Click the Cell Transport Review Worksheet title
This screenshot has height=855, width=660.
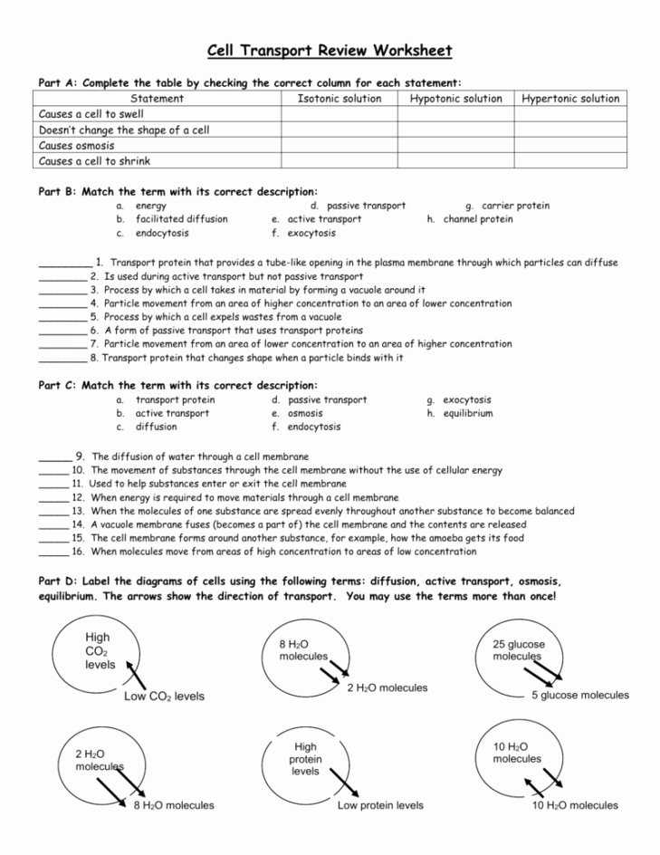(330, 51)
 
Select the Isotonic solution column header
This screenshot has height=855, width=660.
(340, 99)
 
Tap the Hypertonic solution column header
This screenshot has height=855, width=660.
(570, 99)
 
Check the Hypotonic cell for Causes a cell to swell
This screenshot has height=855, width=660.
(455, 115)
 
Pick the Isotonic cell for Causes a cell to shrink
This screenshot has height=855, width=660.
(340, 161)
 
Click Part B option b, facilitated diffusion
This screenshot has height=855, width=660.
(181, 219)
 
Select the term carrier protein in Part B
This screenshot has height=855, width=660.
(515, 206)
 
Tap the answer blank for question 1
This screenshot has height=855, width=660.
(64, 264)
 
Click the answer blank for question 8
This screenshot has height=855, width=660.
(62, 358)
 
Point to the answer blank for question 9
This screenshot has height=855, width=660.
(53, 457)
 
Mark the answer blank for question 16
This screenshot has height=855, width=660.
(53, 552)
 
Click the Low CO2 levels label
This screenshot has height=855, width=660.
(164, 696)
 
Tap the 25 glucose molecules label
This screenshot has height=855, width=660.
(519, 650)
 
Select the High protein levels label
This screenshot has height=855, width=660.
(305, 759)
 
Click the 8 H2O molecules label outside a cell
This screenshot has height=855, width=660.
(174, 805)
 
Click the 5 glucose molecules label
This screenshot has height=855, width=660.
(579, 696)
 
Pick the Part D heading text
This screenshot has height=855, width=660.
(300, 589)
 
